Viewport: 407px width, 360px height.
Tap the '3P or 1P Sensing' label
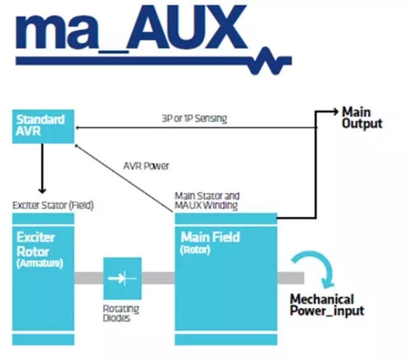point(196,118)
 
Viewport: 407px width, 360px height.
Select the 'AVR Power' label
point(146,166)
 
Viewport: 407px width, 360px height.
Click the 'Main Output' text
point(362,118)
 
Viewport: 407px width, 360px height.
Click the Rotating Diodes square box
point(122,278)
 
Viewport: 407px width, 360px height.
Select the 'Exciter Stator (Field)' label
point(53,205)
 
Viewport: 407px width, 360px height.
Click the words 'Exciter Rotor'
point(36,244)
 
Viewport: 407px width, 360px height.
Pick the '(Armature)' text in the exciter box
point(39,263)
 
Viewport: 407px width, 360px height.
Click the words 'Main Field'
point(210,237)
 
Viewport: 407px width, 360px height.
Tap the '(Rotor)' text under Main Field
point(196,250)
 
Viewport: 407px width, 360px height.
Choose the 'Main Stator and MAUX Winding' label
point(207,200)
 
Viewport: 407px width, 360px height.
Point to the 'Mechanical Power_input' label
point(327,305)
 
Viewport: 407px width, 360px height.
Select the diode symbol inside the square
point(122,278)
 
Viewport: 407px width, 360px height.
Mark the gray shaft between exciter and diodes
point(88,278)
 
